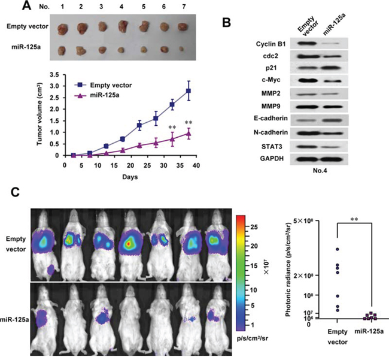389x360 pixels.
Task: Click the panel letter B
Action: click(226, 22)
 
